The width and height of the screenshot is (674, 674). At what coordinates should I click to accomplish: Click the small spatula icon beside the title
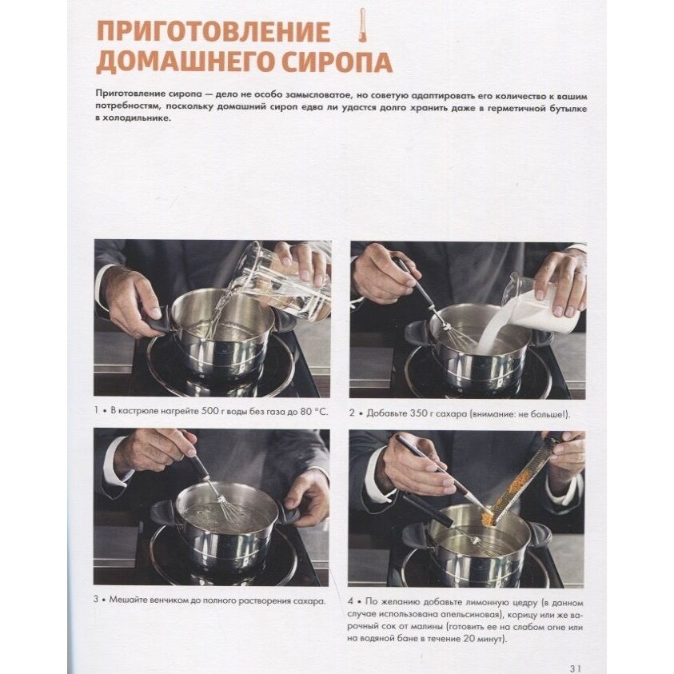click(x=362, y=25)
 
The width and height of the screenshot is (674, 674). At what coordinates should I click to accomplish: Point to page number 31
click(x=575, y=668)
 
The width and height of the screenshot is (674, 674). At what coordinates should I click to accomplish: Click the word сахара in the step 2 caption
click(x=452, y=413)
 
